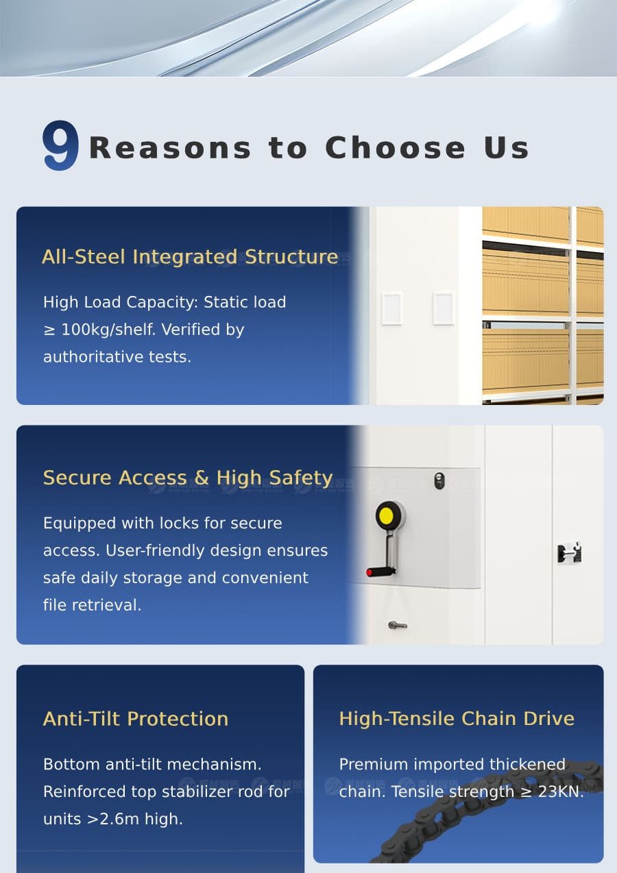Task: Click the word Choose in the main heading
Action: coord(395,148)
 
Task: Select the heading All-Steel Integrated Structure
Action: coord(190,257)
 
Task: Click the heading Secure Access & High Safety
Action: coord(188,478)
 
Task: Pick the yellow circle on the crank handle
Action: coord(387,515)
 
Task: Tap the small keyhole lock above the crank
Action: coord(439,480)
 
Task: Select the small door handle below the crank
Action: coord(397,625)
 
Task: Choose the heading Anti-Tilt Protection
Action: coord(136,719)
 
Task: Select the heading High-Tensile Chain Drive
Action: coord(457,719)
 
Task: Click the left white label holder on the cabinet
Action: coord(391,308)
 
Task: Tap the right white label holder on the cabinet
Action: coord(443,308)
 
